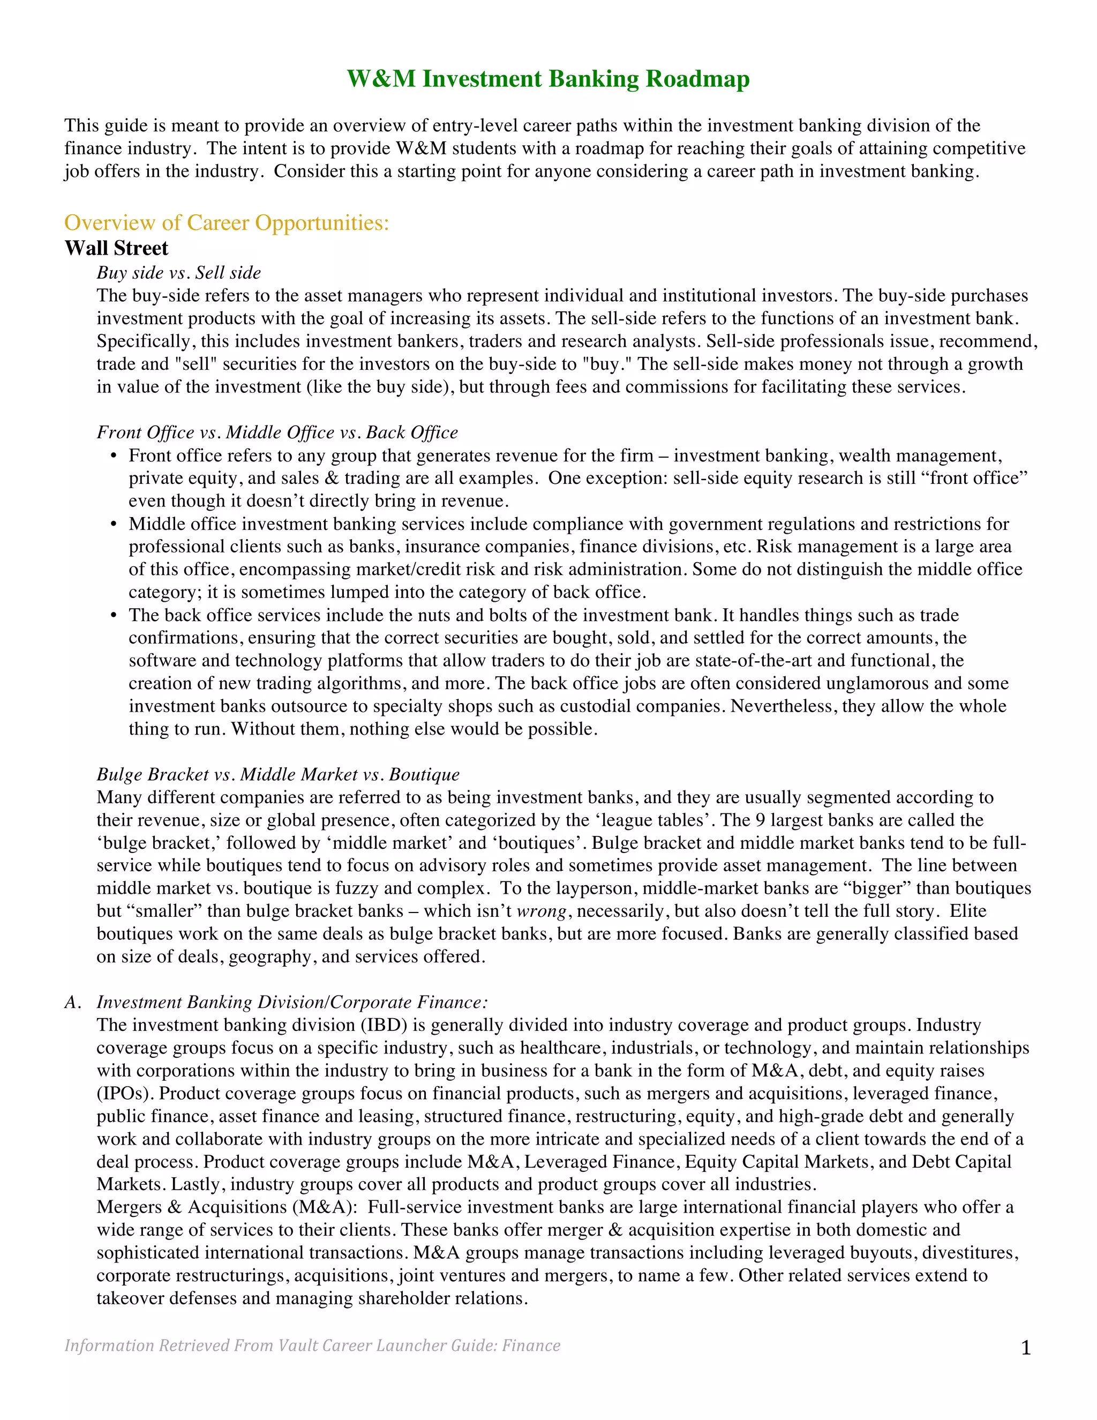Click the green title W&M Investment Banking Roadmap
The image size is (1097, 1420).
[548, 79]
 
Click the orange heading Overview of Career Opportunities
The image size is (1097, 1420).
[226, 223]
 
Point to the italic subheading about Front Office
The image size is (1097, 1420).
[277, 432]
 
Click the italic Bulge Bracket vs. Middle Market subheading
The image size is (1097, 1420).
[277, 774]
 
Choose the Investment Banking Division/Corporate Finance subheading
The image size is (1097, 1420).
[292, 1002]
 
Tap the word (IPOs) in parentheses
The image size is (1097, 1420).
[125, 1093]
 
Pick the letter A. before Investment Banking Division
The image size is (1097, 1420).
[72, 1002]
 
